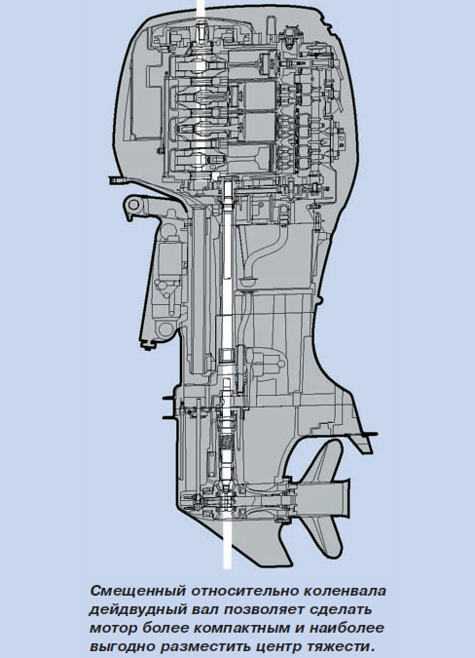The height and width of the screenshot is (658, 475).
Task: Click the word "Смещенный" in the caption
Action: coord(137,591)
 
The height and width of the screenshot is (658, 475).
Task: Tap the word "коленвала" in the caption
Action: coord(344,591)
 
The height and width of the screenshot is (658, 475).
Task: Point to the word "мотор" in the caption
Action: coord(113,628)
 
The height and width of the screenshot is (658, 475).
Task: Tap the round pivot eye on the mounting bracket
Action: coord(133,206)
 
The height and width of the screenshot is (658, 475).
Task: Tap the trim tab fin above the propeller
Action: coord(361,444)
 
